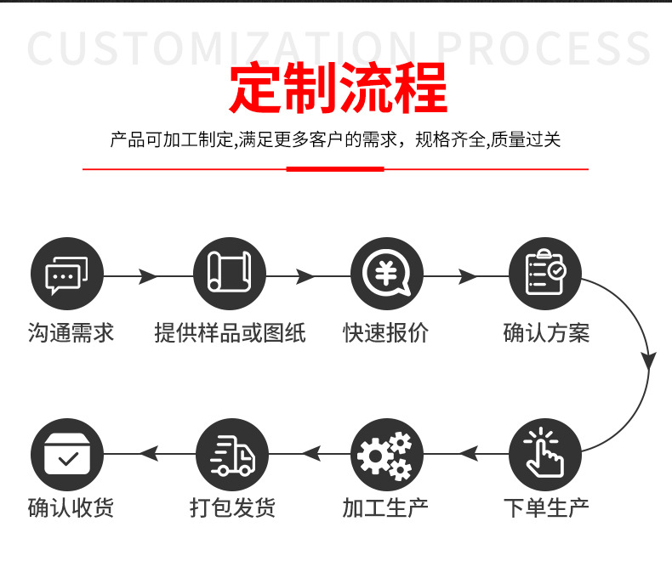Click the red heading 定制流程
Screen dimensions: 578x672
tap(338, 88)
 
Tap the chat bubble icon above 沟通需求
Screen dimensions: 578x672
tap(67, 275)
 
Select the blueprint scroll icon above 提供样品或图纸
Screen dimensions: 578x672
tap(230, 275)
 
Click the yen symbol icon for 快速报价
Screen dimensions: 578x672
tap(387, 275)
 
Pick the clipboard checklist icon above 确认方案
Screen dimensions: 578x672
tap(544, 275)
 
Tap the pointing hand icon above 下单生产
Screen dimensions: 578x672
tap(544, 455)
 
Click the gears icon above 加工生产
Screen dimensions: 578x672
tap(387, 455)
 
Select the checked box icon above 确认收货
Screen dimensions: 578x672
tap(67, 455)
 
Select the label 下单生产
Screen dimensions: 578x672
tap(546, 508)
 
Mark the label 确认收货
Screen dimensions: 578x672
tap(71, 508)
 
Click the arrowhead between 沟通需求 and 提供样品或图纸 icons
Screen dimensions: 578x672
tap(148, 276)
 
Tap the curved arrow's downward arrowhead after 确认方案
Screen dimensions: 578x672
tap(649, 360)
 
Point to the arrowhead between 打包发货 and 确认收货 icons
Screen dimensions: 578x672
tap(150, 455)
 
